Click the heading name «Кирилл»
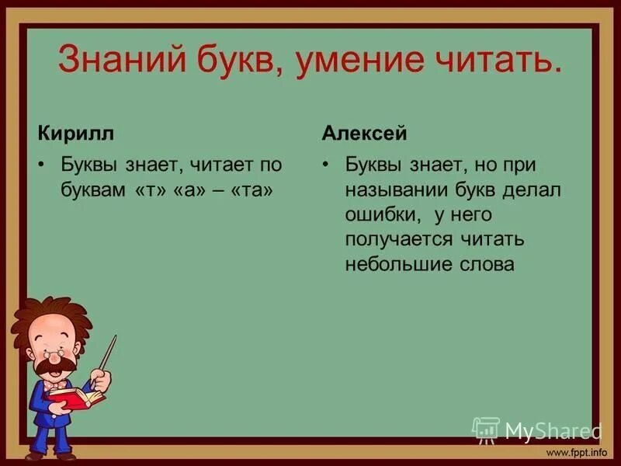pos(75,133)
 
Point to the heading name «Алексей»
pos(364,133)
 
